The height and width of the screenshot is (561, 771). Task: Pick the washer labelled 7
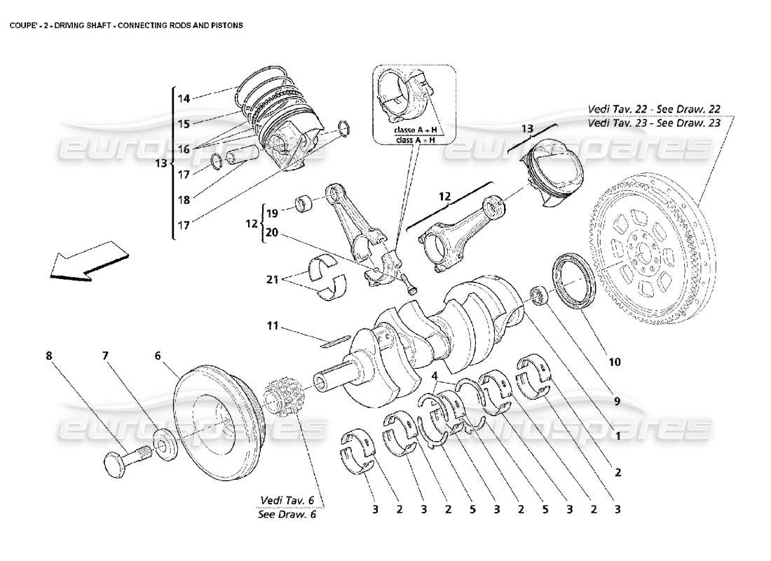165,447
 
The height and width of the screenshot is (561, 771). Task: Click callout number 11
273,326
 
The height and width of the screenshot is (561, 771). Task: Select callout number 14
183,99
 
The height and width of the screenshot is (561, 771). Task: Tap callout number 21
273,279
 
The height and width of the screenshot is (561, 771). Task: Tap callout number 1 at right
618,435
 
